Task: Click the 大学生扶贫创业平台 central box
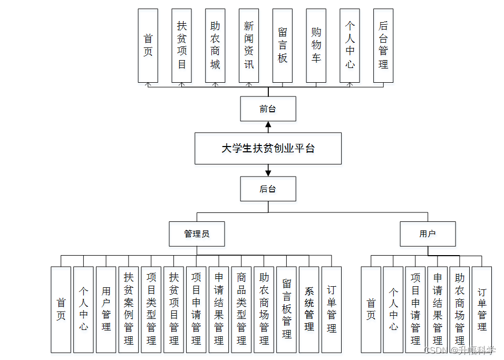point(268,148)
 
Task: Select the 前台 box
point(268,109)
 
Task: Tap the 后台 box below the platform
point(268,189)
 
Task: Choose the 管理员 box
point(197,233)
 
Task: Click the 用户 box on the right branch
point(428,233)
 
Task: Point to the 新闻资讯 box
point(249,45)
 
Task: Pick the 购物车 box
point(316,45)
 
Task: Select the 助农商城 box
point(215,45)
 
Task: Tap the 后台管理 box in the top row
point(383,45)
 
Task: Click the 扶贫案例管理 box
point(129,309)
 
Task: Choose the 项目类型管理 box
point(151,309)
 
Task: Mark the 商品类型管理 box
point(241,309)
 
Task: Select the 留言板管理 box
point(286,309)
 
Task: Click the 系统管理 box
point(309,309)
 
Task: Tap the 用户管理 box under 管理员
point(106,309)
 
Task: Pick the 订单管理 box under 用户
point(482,309)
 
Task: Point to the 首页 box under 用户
point(371,309)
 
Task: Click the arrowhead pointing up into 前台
point(268,125)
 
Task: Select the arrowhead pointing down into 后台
point(268,172)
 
